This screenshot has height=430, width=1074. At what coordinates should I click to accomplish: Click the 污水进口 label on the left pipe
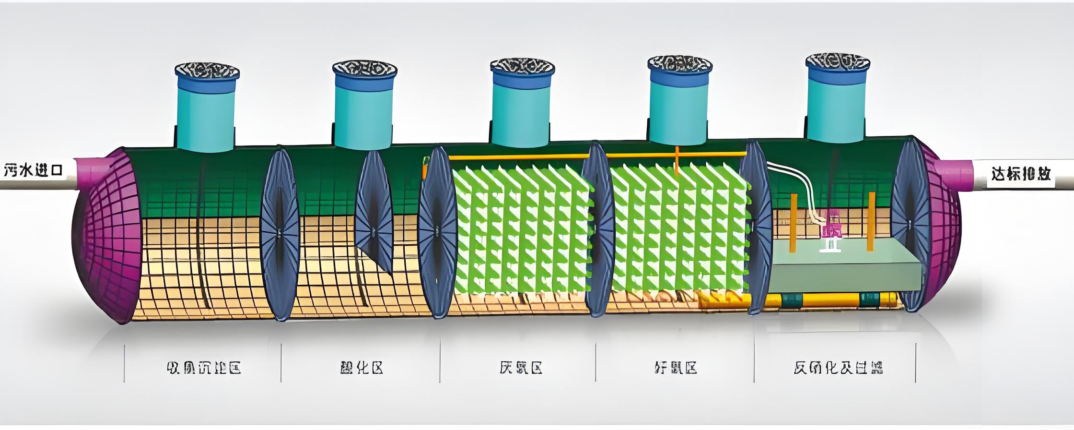click(x=34, y=170)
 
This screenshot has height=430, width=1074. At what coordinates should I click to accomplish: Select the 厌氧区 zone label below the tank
click(x=520, y=368)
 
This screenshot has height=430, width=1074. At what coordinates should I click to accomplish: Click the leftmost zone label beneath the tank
click(x=204, y=368)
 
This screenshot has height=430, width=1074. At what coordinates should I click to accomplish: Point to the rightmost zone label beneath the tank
click(x=838, y=368)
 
